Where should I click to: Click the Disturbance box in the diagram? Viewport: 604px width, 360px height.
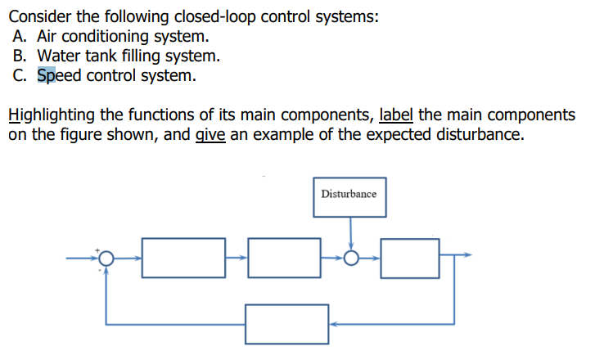pyautogui.click(x=349, y=196)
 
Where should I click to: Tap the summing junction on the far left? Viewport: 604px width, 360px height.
pyautogui.click(x=105, y=259)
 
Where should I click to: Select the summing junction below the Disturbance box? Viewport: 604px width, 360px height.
pyautogui.click(x=351, y=259)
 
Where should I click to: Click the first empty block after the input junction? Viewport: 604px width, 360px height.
pyautogui.click(x=184, y=258)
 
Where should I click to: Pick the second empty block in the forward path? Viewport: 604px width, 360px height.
pyautogui.click(x=284, y=258)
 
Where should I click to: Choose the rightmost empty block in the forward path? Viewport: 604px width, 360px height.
pyautogui.click(x=410, y=258)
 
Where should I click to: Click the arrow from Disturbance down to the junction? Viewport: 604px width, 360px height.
pyautogui.click(x=351, y=234)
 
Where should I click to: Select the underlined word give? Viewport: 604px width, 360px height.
pyautogui.click(x=211, y=134)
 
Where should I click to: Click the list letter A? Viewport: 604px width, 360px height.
pyautogui.click(x=20, y=37)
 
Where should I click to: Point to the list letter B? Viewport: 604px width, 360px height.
pyautogui.click(x=20, y=57)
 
